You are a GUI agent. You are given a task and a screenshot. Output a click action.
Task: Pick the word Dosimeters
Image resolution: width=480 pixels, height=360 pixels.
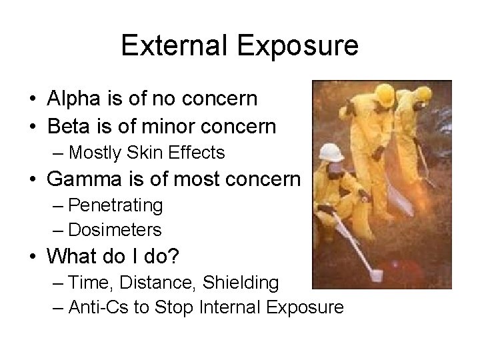[115, 230]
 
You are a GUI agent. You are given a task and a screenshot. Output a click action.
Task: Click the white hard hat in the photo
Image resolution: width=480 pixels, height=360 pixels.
[331, 151]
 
